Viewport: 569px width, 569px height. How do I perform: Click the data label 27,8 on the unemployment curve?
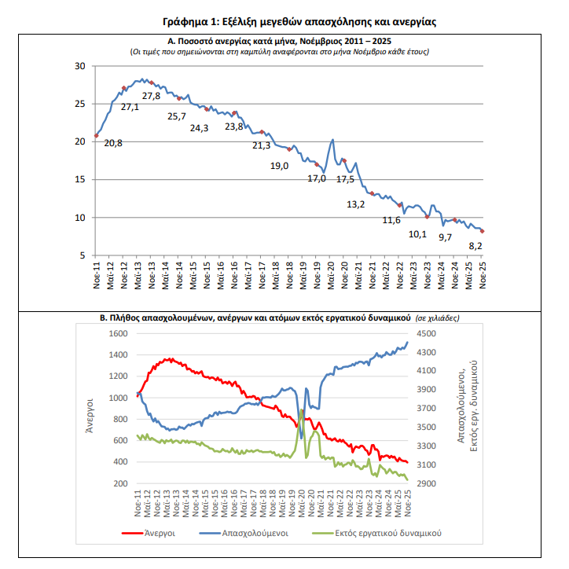(152, 96)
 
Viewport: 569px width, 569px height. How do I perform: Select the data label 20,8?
(112, 143)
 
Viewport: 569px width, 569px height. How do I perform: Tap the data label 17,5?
(346, 179)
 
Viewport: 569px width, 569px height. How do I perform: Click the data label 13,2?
(355, 204)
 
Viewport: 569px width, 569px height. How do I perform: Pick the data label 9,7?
(446, 237)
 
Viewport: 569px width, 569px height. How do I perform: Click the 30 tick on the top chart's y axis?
(79, 66)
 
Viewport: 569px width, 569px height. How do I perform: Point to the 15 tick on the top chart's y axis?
(79, 180)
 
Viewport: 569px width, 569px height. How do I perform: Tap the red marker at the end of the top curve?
(482, 231)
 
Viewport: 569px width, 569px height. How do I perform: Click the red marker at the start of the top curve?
(96, 135)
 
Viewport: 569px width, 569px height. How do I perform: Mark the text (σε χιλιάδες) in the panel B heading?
(438, 318)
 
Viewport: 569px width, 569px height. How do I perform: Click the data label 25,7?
(178, 116)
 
